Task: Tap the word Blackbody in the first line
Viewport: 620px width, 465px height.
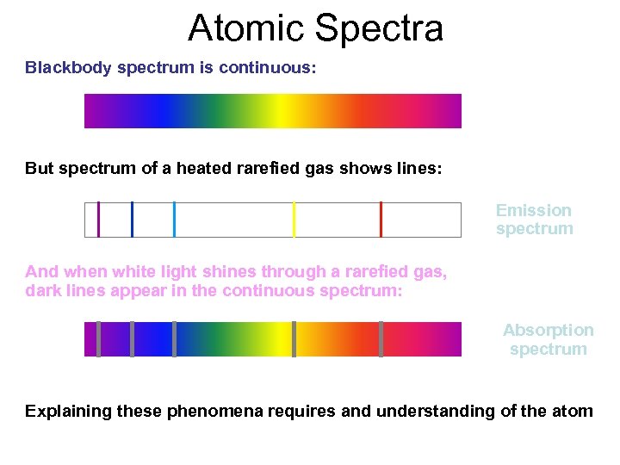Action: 67,67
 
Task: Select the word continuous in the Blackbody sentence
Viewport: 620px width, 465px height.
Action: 270,67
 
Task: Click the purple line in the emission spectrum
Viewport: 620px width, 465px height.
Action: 99,219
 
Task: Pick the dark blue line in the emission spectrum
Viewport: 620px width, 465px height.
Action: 132,219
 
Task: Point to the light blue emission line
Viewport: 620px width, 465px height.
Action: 174,219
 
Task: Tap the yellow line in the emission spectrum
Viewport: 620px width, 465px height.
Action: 294,219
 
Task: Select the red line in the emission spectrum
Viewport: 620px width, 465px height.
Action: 381,219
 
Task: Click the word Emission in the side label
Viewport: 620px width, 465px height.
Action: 534,210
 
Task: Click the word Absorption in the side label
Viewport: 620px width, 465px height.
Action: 549,331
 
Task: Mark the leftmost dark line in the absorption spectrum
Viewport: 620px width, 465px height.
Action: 99,338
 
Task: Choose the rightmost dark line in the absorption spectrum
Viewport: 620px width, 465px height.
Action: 381,338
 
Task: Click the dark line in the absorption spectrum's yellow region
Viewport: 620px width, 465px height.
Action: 294,338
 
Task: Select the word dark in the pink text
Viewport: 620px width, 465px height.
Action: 42,291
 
